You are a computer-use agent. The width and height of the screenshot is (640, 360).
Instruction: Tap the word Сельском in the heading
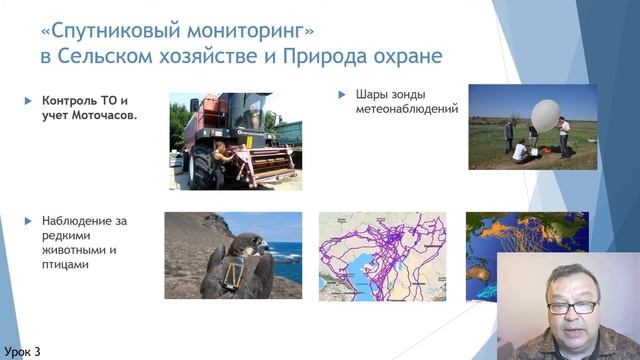[x=113, y=54]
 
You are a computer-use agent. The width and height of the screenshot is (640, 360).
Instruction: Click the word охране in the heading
[x=408, y=54]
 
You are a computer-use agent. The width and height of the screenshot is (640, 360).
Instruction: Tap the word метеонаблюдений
[x=406, y=111]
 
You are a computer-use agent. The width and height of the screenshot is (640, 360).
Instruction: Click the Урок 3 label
[x=23, y=351]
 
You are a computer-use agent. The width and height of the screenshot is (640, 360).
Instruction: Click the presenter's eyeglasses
[x=572, y=307]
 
